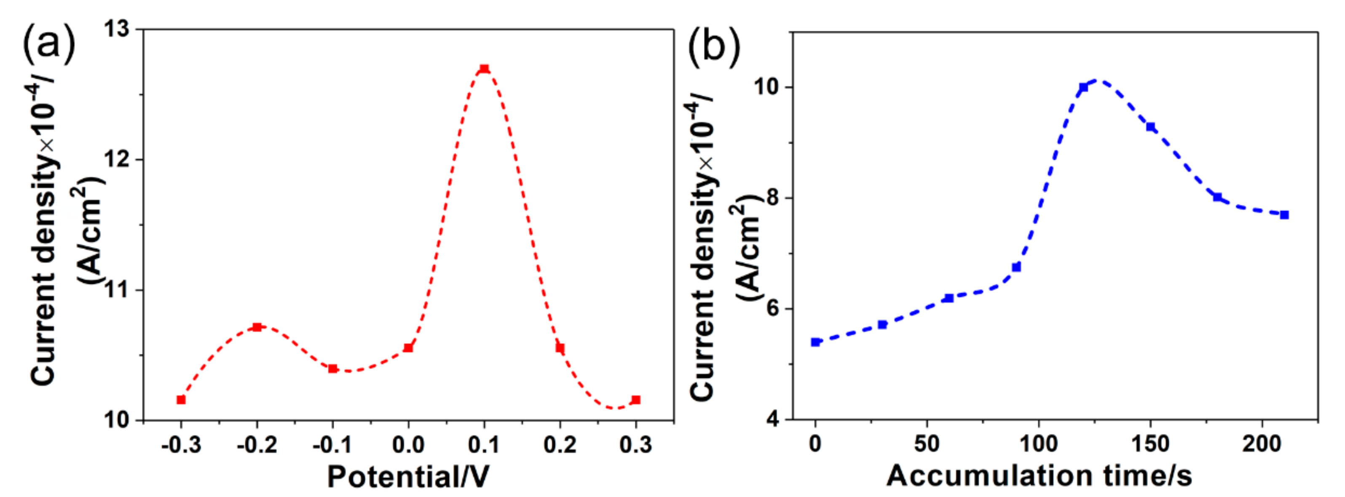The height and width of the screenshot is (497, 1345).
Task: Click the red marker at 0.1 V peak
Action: coord(484,68)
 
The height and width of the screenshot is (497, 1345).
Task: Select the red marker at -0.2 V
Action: coord(257,327)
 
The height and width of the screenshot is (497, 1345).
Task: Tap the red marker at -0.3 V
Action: coord(181,400)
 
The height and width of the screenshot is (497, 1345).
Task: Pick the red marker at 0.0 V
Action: coord(408,348)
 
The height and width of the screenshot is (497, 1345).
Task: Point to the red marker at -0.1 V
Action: coord(332,369)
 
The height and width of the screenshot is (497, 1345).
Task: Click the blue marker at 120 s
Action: coord(1083,87)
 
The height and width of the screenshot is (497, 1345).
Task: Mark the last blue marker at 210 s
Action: coord(1284,214)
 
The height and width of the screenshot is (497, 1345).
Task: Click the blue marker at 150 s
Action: coord(1150,127)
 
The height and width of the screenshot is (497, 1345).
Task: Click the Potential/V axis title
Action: coord(408,476)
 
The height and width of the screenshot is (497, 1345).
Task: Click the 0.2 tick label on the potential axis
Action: coord(560,445)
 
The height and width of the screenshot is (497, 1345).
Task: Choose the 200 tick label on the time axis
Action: coord(1262,444)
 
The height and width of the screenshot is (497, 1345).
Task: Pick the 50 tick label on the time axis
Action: coord(926,444)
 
